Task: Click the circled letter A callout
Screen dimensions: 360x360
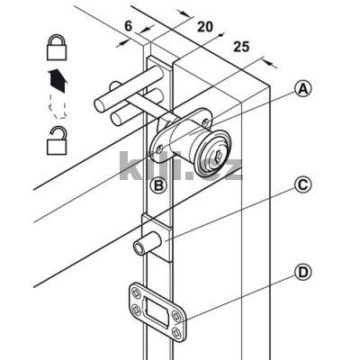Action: coord(303,89)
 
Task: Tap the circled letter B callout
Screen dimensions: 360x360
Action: coord(158,186)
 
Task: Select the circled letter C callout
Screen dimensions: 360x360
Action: coord(303,184)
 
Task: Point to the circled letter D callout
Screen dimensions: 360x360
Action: coord(303,273)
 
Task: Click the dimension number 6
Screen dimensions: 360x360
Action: coord(128,26)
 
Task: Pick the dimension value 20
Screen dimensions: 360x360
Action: coord(205,27)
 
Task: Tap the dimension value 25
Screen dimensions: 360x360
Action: coord(241,47)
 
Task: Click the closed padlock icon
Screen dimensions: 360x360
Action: coord(57,48)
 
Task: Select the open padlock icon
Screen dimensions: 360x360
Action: coord(57,141)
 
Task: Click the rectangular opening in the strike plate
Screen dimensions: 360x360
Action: coord(156,311)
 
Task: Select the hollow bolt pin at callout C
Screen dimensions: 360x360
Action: coord(148,244)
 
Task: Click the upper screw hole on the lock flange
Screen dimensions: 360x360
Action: coord(205,122)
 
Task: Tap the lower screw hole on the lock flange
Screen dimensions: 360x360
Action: coord(160,148)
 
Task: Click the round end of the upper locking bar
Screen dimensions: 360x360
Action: coord(100,104)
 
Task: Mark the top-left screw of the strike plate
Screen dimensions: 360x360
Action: coord(135,292)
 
